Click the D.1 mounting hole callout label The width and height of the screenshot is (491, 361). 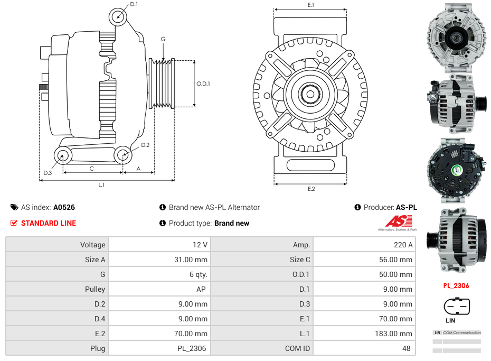click(x=134, y=4)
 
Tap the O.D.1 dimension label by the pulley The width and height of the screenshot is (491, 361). click(x=203, y=84)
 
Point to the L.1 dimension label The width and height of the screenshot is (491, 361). click(x=101, y=185)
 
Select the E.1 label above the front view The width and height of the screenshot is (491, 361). click(x=311, y=5)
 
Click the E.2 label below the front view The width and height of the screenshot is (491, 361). click(x=311, y=189)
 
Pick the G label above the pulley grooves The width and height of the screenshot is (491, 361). click(x=163, y=40)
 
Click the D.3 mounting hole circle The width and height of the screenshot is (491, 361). click(x=63, y=155)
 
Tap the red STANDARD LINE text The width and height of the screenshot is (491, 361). click(x=49, y=223)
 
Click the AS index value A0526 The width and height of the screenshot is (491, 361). click(x=64, y=207)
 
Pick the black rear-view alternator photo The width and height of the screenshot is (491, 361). click(x=457, y=170)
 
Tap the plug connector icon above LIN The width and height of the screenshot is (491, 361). click(x=457, y=306)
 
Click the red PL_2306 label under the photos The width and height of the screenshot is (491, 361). click(x=456, y=286)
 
